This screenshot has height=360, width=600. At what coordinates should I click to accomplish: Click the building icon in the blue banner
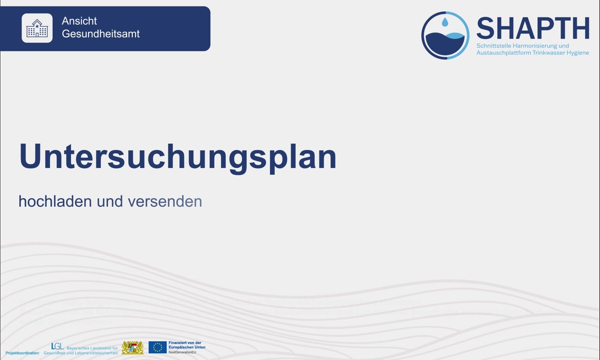[37, 28]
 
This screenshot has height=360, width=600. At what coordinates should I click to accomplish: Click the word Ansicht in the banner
[79, 21]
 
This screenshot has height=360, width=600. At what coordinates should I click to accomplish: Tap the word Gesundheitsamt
[101, 34]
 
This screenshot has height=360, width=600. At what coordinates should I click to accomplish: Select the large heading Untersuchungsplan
[178, 157]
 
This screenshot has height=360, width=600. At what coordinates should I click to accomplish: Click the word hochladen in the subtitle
[55, 201]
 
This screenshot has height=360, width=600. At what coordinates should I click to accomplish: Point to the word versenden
[165, 201]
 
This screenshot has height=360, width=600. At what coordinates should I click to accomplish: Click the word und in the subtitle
[110, 201]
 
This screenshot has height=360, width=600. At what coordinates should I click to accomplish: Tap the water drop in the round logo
[445, 22]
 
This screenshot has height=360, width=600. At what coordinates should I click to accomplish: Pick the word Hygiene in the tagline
[578, 52]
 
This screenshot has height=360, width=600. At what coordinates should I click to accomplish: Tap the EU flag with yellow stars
[157, 347]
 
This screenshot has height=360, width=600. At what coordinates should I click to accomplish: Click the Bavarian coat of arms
[133, 348]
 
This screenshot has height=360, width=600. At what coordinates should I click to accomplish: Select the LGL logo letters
[57, 346]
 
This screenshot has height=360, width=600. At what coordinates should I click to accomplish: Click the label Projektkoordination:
[22, 352]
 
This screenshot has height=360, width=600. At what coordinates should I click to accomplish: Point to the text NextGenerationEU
[182, 352]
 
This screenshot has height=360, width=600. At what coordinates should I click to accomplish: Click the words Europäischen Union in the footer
[187, 347]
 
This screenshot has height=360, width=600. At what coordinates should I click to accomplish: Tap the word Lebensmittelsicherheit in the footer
[94, 352]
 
